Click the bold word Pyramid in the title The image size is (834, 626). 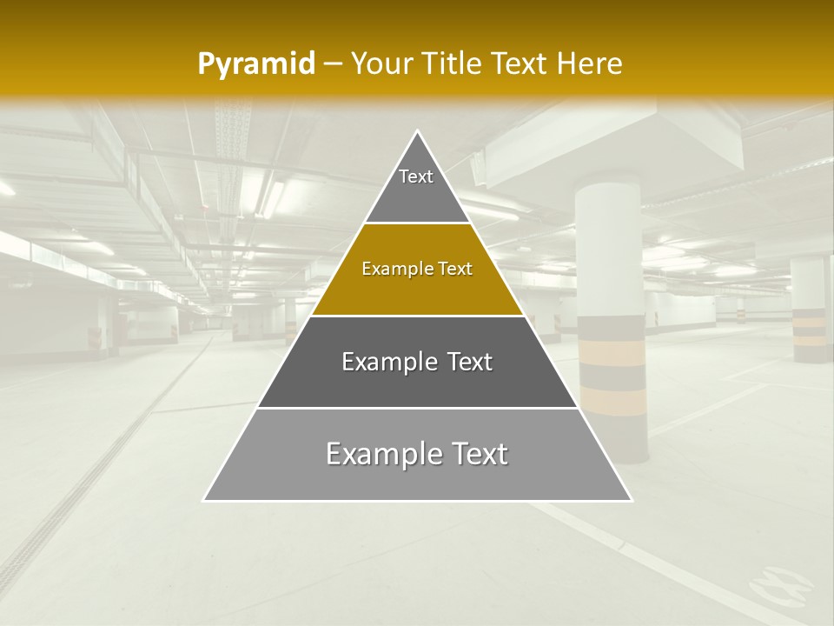[256, 63]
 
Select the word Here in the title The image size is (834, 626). [590, 63]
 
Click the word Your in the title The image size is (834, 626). [382, 63]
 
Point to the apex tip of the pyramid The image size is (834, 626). [418, 131]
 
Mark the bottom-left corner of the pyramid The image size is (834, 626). [204, 500]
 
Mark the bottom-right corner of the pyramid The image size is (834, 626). [632, 500]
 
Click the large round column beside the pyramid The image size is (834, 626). [610, 261]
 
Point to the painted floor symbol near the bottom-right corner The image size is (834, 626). [781, 584]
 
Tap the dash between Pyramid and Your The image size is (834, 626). [333, 64]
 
